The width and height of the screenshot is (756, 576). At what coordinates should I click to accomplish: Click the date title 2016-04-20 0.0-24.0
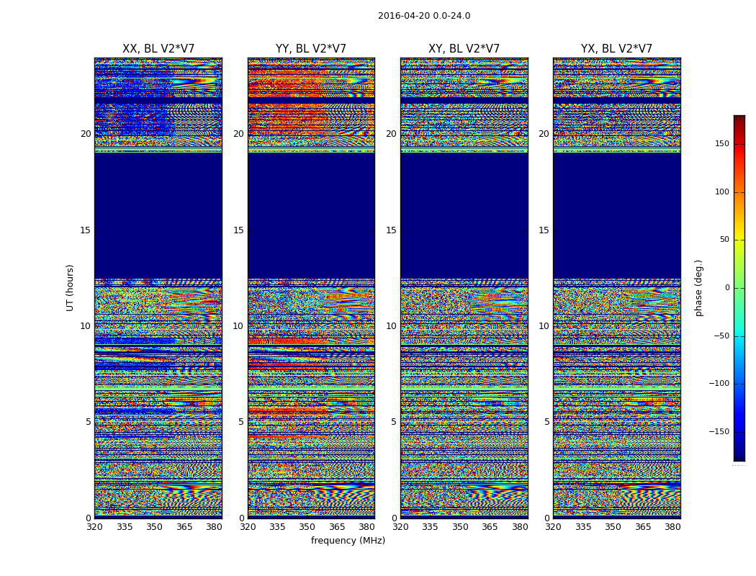pyautogui.click(x=424, y=16)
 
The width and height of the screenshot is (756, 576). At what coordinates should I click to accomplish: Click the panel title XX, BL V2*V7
pyautogui.click(x=158, y=49)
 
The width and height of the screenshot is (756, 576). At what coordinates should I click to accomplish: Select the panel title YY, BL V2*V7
pyautogui.click(x=311, y=49)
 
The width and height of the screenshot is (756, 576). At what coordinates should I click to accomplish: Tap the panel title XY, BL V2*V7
pyautogui.click(x=464, y=49)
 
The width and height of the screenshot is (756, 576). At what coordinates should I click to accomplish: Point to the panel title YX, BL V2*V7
pyautogui.click(x=616, y=49)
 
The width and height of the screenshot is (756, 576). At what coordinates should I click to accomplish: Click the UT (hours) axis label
pyautogui.click(x=71, y=287)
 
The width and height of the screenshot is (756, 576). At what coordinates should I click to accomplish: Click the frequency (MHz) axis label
pyautogui.click(x=348, y=541)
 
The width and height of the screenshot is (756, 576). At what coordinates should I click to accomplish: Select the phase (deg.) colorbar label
pyautogui.click(x=699, y=287)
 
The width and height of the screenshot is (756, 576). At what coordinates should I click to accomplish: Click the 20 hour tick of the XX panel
pyautogui.click(x=86, y=134)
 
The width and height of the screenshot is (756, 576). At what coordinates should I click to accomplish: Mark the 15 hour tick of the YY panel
pyautogui.click(x=238, y=230)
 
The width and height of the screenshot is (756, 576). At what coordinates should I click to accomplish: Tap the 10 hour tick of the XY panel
pyautogui.click(x=391, y=326)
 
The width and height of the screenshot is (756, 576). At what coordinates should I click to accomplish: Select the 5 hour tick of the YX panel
pyautogui.click(x=546, y=422)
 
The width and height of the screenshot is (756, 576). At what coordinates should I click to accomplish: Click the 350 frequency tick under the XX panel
pyautogui.click(x=154, y=527)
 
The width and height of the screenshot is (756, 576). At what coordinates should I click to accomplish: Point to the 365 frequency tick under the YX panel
pyautogui.click(x=643, y=527)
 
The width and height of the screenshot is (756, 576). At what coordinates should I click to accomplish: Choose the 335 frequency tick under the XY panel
pyautogui.click(x=430, y=527)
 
